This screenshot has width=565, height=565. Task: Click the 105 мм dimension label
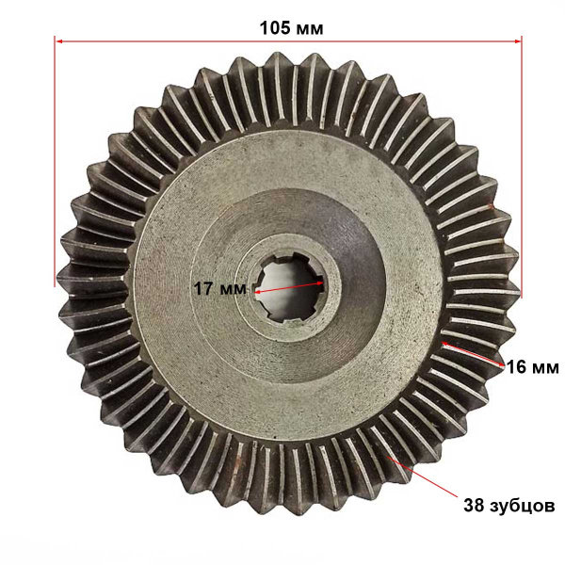click(x=291, y=28)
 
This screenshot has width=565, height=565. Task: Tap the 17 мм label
click(x=220, y=289)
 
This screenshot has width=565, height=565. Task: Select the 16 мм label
click(x=533, y=368)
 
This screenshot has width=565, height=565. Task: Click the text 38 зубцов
click(x=508, y=506)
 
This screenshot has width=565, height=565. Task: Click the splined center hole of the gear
click(x=290, y=287)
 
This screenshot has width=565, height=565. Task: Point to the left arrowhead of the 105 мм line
click(x=59, y=41)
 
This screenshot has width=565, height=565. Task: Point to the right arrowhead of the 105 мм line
click(x=517, y=41)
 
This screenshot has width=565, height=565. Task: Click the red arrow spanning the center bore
click(x=289, y=287)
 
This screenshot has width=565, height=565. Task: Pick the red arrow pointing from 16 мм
click(x=473, y=354)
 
